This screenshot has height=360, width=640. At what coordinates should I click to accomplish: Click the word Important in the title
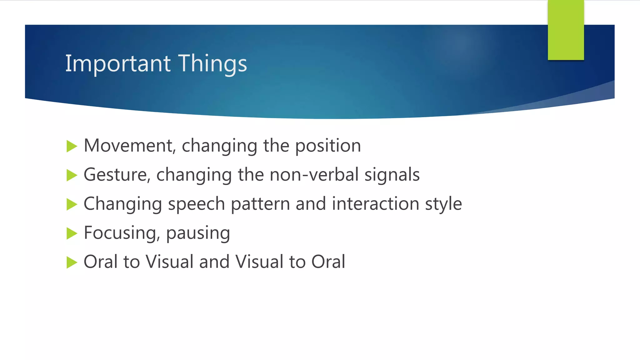118,64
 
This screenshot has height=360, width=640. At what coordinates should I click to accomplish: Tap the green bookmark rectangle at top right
566,30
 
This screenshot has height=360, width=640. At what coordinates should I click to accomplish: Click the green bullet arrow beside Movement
72,146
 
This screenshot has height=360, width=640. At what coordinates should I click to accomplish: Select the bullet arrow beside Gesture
72,175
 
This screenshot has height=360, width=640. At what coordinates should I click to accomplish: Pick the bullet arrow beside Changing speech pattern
72,204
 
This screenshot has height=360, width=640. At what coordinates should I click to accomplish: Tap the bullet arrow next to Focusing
72,233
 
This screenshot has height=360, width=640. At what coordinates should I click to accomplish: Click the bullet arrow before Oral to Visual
72,262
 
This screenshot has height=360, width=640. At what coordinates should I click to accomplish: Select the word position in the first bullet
328,146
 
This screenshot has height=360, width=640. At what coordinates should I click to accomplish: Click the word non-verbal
314,175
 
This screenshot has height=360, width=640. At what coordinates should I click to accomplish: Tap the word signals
392,175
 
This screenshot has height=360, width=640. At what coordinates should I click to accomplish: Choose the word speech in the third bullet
196,204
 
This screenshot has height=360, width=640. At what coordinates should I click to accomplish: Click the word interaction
375,204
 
